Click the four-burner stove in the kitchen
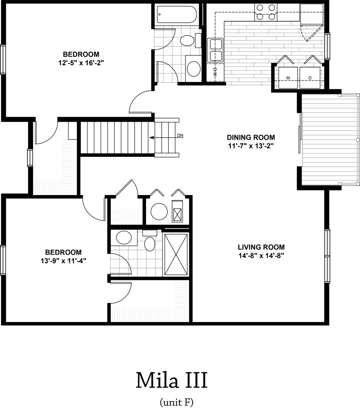point(266,12)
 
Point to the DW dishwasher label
point(215,72)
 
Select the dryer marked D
point(310,77)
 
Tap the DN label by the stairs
point(180,136)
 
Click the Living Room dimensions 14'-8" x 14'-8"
point(261,256)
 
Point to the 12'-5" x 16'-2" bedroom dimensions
point(81,63)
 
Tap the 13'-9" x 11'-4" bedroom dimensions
point(63,261)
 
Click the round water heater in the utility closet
point(159,211)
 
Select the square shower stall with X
point(176,254)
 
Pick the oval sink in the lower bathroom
point(123,238)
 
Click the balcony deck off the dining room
point(328,139)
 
